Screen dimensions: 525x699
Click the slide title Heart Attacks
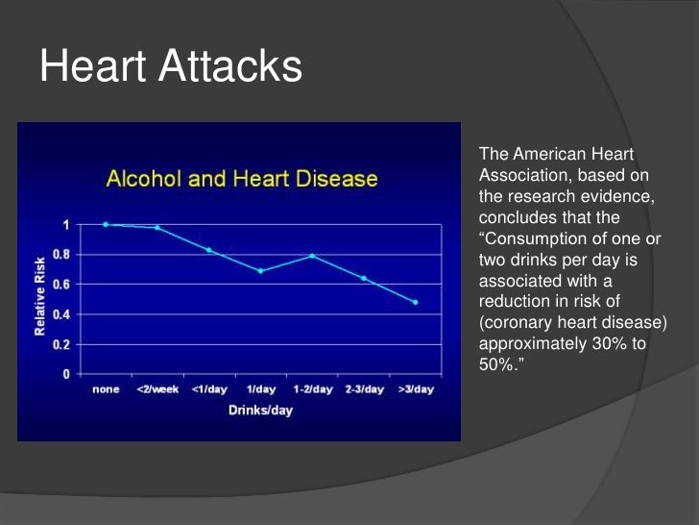tap(171, 67)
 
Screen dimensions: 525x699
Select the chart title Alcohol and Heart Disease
tap(241, 179)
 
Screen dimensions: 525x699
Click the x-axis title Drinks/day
tap(260, 411)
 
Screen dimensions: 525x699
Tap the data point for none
tap(106, 224)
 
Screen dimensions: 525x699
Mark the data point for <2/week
tap(157, 228)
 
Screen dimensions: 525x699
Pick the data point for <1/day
tap(208, 250)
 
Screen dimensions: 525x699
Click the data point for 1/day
tap(260, 271)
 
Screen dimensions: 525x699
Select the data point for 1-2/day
tap(312, 256)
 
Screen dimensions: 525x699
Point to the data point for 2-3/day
tap(364, 278)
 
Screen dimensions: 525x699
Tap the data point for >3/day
tap(416, 302)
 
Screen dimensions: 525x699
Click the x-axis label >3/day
tap(416, 389)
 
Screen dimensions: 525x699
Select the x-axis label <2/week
tap(157, 389)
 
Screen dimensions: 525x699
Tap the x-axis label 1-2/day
tap(312, 389)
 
